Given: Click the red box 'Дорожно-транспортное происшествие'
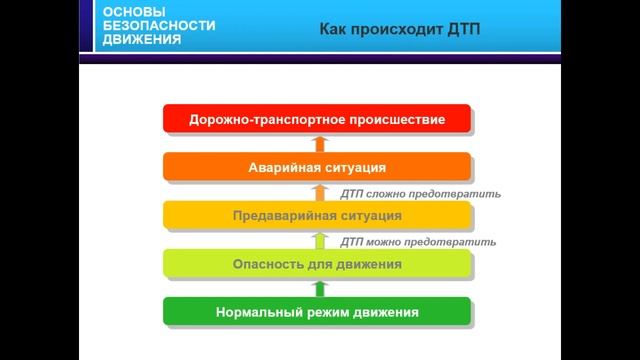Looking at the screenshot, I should pos(316,120).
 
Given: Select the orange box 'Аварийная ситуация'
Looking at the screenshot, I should pos(316,167).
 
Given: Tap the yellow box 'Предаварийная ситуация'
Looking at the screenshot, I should pos(316,215).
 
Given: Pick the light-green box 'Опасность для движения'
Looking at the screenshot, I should pos(316,264).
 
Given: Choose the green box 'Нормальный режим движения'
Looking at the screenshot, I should pos(316,312).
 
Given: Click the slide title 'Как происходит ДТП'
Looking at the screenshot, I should pos(400,30).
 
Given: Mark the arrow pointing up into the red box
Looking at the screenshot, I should pos(320,143).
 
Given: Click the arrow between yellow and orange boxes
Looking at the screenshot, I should pos(320,191).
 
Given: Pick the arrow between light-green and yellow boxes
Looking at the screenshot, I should pos(320,240).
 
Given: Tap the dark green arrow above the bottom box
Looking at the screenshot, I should pos(320,288).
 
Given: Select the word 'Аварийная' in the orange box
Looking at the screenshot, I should pos(280,167).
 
